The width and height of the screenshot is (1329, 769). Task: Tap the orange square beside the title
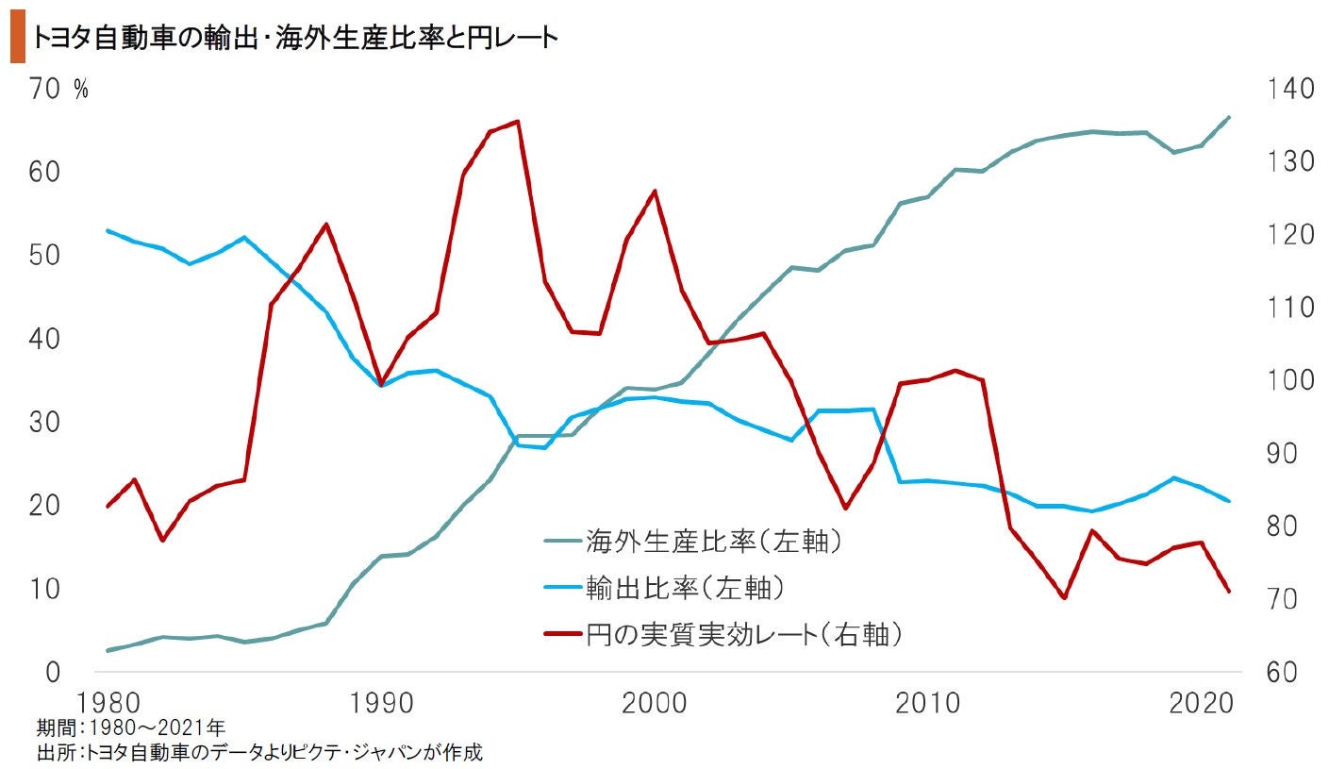(x=17, y=38)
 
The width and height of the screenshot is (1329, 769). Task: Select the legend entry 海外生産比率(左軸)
(x=712, y=542)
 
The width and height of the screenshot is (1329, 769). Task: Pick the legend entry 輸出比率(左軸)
(x=685, y=588)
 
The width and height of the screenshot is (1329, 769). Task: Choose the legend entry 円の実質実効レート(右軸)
(x=744, y=634)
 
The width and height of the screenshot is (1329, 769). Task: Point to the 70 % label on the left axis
(x=58, y=90)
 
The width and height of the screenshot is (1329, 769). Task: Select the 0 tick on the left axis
(x=53, y=673)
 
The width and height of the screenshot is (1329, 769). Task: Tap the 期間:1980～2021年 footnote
(x=130, y=727)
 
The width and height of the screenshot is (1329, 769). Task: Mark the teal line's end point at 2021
(x=1229, y=117)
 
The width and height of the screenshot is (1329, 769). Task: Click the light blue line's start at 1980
(x=107, y=230)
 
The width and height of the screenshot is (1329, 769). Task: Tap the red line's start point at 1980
(x=107, y=507)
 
